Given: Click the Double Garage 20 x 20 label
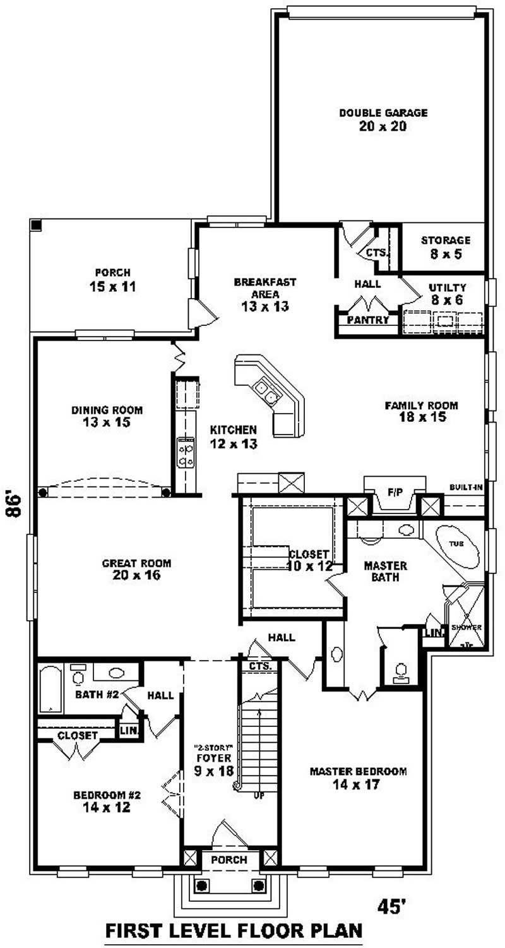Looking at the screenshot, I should pyautogui.click(x=383, y=119).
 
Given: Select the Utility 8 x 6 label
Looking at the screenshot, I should pyautogui.click(x=446, y=294).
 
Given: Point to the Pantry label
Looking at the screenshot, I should pyautogui.click(x=368, y=320).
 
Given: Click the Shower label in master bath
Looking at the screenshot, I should pyautogui.click(x=466, y=627).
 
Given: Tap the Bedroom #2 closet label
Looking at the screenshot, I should pyautogui.click(x=78, y=736).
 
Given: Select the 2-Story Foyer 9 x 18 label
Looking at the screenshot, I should pyautogui.click(x=214, y=760).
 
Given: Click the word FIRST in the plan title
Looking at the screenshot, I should pyautogui.click(x=137, y=930).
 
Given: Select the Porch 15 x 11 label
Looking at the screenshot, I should pyautogui.click(x=113, y=280).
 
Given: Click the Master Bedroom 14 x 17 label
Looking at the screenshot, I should pyautogui.click(x=357, y=777).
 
